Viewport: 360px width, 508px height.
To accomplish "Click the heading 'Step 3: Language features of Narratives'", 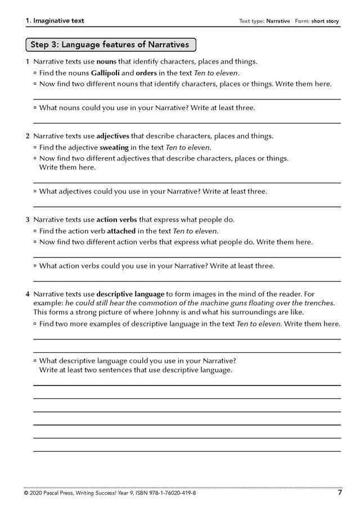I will pos(110,44).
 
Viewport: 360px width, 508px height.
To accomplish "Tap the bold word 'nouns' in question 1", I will pos(107,61).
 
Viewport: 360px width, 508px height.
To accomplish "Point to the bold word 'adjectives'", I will pos(112,136).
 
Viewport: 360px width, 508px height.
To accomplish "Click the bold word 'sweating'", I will pos(115,147).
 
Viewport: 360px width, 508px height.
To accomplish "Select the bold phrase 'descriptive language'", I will pos(130,293).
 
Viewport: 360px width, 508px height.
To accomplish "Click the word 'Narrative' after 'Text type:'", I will pos(278,21).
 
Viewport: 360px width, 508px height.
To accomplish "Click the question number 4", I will pos(27,293).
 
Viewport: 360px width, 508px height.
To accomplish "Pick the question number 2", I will pos(27,136).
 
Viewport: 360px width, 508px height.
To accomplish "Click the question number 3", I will pos(27,219).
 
